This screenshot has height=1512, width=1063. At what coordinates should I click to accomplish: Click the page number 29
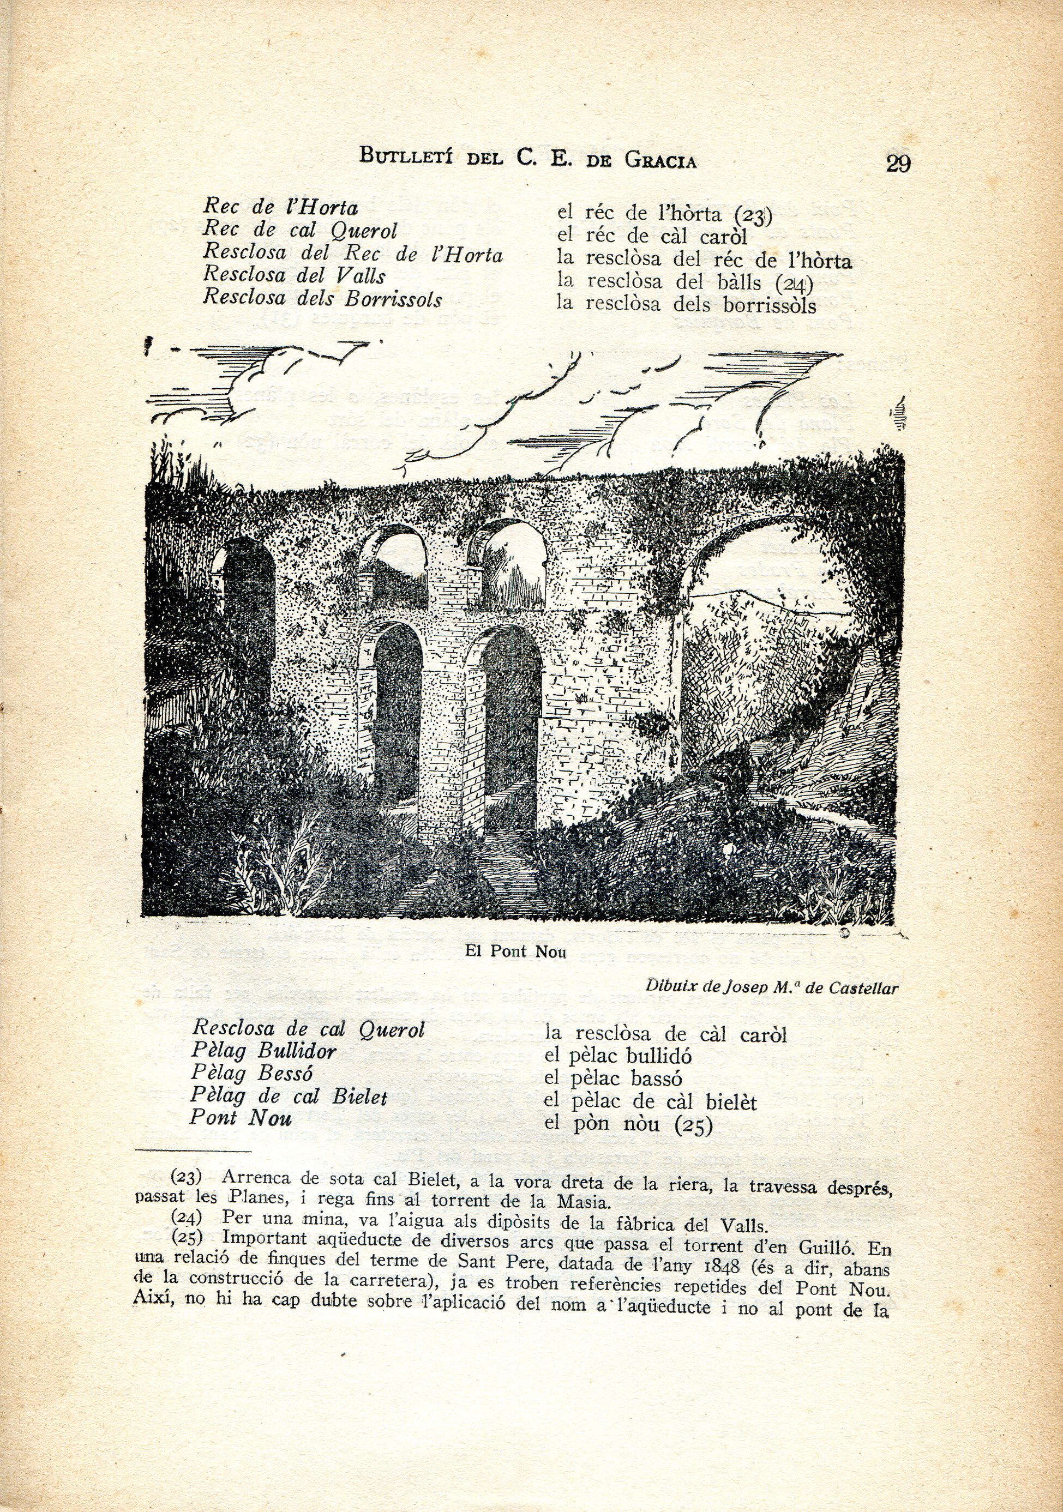pos(898,162)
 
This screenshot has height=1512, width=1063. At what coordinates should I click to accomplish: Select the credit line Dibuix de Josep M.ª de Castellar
pos(771,987)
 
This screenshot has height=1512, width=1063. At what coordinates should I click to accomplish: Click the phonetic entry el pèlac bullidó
pos(618,1056)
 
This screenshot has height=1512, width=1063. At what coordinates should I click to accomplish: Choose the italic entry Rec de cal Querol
pos(299,231)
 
